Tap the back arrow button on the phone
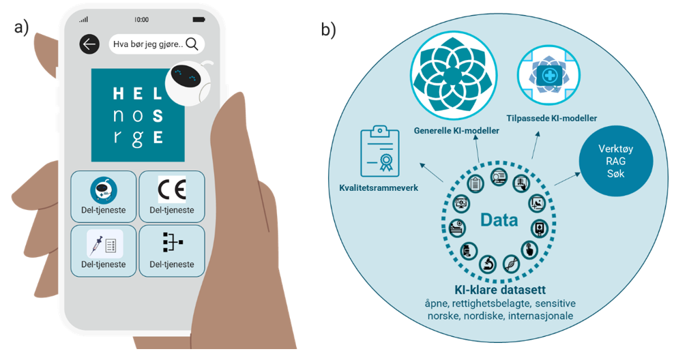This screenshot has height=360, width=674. pyautogui.click(x=89, y=44)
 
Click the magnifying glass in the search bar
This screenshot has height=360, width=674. pyautogui.click(x=192, y=44)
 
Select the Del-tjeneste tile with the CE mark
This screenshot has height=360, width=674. pyautogui.click(x=171, y=196)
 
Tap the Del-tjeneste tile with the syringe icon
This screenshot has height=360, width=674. pyautogui.click(x=103, y=250)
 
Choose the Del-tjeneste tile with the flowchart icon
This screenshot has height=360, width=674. pyautogui.click(x=171, y=250)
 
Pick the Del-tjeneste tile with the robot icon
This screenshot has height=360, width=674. pyautogui.click(x=103, y=196)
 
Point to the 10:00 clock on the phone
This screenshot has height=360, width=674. pyautogui.click(x=142, y=20)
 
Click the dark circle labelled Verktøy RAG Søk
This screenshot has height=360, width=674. pyautogui.click(x=615, y=162)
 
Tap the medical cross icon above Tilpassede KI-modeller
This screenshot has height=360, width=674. pyautogui.click(x=548, y=76)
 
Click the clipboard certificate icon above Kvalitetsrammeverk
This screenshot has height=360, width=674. pyautogui.click(x=379, y=151)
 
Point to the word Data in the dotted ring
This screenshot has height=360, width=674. pyautogui.click(x=499, y=220)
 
